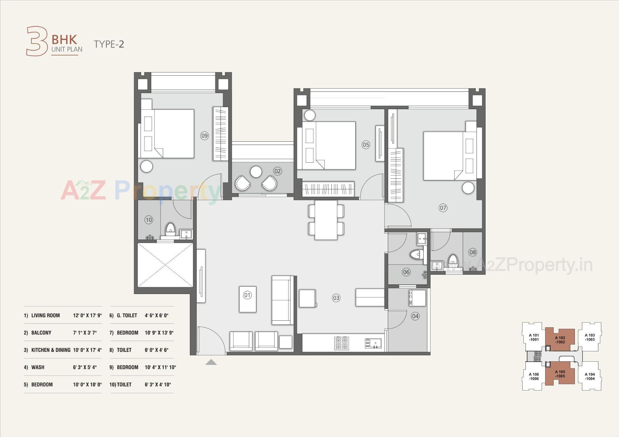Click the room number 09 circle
(204, 136)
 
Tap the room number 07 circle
(443, 208)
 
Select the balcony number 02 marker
(278, 171)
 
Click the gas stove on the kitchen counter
(342, 343)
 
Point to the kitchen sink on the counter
(373, 343)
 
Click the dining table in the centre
(326, 220)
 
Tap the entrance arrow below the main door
(211, 362)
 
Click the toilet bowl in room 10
(170, 229)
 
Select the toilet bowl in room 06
(417, 255)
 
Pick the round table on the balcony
(256, 172)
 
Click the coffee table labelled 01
(248, 299)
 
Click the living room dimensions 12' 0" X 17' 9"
(87, 316)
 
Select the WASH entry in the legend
(38, 367)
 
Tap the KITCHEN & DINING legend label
(51, 350)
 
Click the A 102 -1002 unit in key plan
(560, 340)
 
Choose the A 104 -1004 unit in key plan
(590, 376)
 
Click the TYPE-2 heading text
(109, 44)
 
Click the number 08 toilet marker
(473, 252)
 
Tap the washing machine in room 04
(418, 298)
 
